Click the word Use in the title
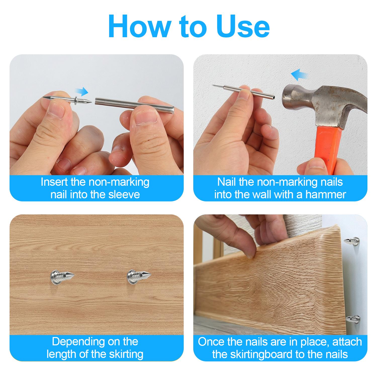pyautogui.click(x=244, y=27)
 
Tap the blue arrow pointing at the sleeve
pyautogui.click(x=83, y=92)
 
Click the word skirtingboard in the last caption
pyautogui.click(x=261, y=354)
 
